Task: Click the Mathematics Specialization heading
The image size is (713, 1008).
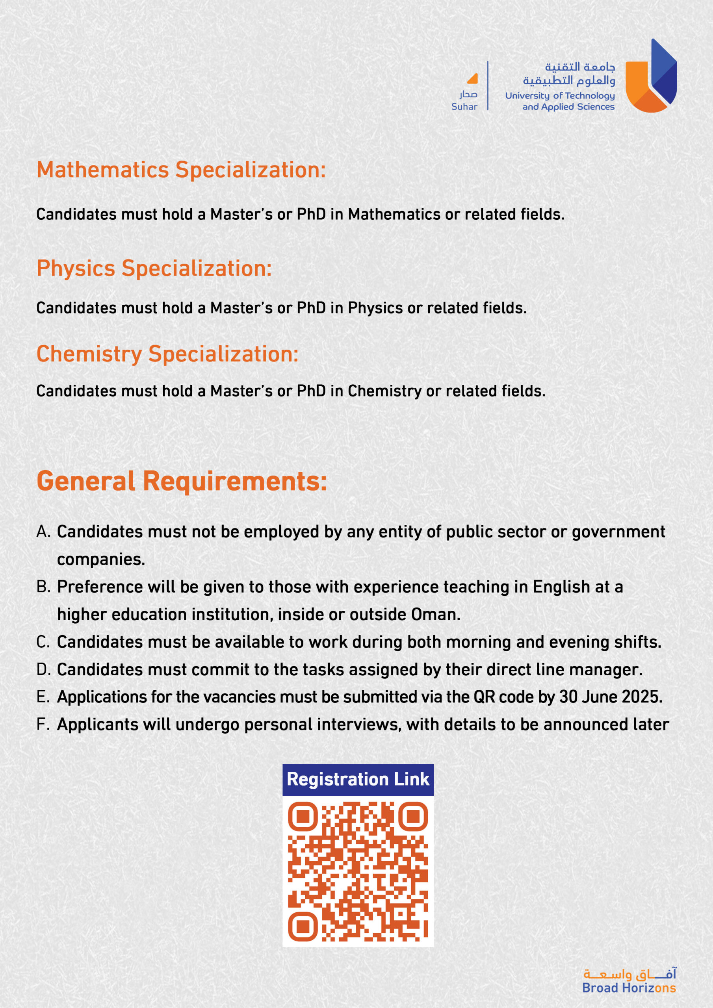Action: click(181, 170)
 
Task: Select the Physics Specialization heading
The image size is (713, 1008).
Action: click(154, 268)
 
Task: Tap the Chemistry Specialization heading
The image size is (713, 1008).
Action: click(167, 354)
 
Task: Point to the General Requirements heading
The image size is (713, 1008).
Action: click(182, 481)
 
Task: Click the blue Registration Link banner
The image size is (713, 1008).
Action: click(358, 779)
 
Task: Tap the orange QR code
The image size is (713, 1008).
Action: click(358, 871)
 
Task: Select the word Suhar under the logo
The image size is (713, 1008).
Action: click(464, 107)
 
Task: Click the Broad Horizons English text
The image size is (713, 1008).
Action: click(629, 988)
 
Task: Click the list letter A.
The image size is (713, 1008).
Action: click(43, 532)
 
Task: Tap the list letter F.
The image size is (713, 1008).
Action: click(42, 724)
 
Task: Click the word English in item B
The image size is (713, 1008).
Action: click(561, 587)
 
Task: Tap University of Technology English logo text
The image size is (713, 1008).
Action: click(560, 96)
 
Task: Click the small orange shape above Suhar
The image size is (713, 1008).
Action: click(472, 79)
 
